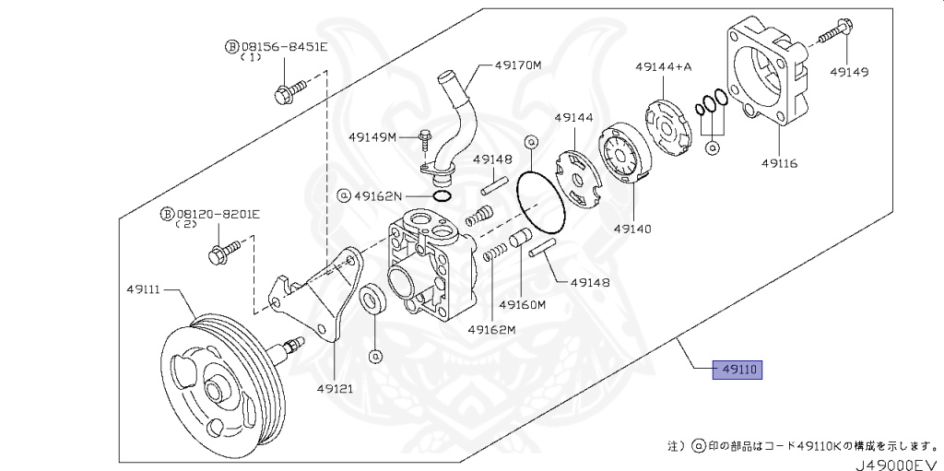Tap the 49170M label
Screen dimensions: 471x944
coord(518,65)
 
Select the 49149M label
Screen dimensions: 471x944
coord(372,137)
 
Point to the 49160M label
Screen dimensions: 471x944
coord(523,304)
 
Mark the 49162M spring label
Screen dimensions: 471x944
coord(490,329)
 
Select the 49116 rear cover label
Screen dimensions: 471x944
coord(779,163)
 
